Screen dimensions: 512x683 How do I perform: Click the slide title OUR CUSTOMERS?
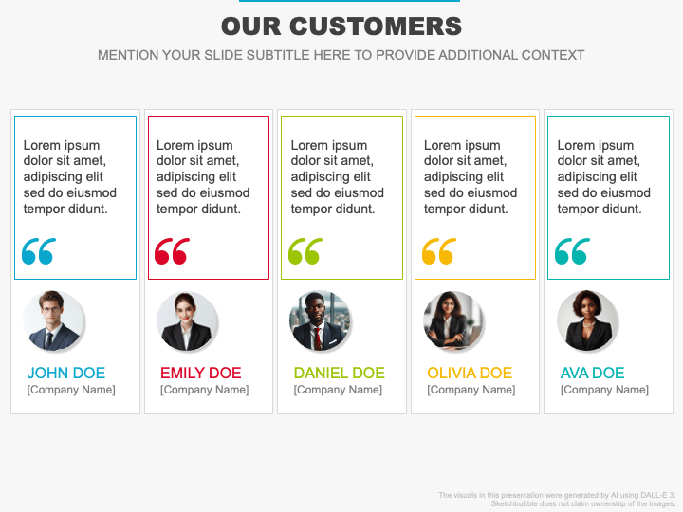(x=341, y=27)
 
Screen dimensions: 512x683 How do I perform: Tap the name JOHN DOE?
(x=66, y=373)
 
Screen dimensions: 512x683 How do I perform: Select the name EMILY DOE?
(x=200, y=373)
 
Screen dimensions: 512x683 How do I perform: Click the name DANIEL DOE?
(x=339, y=373)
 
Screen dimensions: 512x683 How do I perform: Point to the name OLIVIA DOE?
(x=470, y=373)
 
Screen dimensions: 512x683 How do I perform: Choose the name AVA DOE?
(x=592, y=373)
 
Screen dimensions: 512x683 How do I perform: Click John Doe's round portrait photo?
(x=54, y=321)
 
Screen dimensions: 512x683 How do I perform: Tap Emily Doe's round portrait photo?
(x=187, y=321)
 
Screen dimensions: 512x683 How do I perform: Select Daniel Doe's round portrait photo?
(x=321, y=321)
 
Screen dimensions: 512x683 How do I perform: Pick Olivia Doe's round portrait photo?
(x=453, y=321)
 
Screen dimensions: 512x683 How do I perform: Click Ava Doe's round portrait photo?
(x=587, y=321)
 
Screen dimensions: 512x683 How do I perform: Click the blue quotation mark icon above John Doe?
(x=39, y=251)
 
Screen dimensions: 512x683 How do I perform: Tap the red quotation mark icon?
(x=172, y=251)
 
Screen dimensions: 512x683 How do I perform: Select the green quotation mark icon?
(x=305, y=251)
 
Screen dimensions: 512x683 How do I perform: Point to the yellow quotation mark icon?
(x=438, y=251)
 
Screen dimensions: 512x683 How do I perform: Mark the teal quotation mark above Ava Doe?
(x=572, y=251)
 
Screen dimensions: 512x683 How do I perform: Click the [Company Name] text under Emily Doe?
(x=204, y=390)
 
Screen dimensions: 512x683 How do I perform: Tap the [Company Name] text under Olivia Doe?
(x=471, y=390)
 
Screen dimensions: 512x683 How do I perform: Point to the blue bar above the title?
(x=341, y=1)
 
